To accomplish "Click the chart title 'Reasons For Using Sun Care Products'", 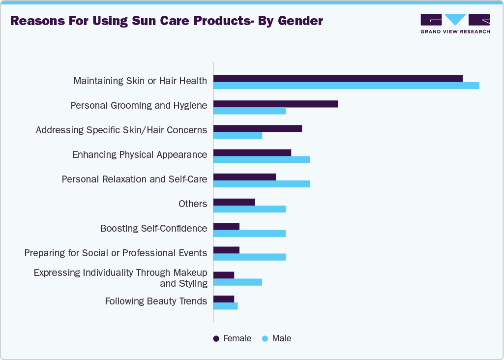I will click(166, 21).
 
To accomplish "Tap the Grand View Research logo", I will click(455, 24).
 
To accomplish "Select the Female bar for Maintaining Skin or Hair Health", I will click(338, 79).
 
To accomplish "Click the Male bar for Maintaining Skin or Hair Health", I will click(346, 86).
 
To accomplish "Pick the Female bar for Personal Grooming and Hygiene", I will click(275, 104).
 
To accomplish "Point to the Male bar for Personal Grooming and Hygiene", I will click(249, 111).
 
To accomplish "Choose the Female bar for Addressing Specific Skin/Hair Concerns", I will click(257, 128).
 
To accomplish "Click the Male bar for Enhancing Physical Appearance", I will click(261, 159).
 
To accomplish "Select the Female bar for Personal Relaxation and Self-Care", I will click(244, 177).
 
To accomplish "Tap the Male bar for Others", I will click(249, 209).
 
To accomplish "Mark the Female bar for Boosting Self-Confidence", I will click(226, 226).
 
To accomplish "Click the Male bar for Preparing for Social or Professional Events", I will click(249, 257).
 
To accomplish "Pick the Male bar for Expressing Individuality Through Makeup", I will click(237, 282).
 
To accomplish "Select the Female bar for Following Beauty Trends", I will click(224, 299).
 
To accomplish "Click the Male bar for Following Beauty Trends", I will click(225, 306).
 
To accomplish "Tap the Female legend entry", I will click(232, 338).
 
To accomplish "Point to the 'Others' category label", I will click(193, 204).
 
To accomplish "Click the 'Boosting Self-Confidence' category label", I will click(153, 228).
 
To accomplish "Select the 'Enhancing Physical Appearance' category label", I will click(140, 154).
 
